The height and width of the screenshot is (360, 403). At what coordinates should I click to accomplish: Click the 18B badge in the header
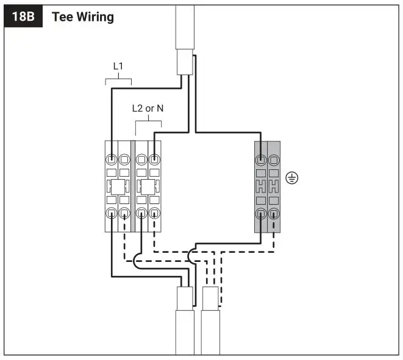point(24,16)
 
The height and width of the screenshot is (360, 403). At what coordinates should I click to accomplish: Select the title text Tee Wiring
point(83,16)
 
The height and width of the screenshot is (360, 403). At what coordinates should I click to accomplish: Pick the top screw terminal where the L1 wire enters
point(112,160)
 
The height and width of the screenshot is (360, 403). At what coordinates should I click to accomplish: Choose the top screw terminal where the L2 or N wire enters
point(155,160)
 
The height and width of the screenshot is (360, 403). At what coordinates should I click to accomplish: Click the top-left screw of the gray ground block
point(261,160)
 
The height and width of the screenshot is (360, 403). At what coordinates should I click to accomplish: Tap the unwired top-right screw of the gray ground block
point(274,160)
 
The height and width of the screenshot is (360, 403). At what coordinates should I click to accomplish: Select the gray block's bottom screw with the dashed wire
point(274,213)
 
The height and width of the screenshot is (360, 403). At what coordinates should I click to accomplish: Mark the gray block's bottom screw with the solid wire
point(261,213)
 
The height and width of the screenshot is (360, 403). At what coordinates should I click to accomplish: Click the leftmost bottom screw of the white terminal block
point(112,213)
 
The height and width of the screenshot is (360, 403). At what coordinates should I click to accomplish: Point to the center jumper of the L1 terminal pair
point(118,186)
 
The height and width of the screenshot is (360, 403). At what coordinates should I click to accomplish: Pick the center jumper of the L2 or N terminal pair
point(148,186)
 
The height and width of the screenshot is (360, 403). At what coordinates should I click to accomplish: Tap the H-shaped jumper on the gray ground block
point(267,186)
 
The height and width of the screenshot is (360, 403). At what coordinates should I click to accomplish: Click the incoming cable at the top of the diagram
point(185,30)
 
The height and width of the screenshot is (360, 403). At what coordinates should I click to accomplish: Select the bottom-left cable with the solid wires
point(185,329)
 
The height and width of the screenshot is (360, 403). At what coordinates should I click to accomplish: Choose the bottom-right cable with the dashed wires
point(210,329)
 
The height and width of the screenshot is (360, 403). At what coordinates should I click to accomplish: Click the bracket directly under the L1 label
point(118,80)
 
